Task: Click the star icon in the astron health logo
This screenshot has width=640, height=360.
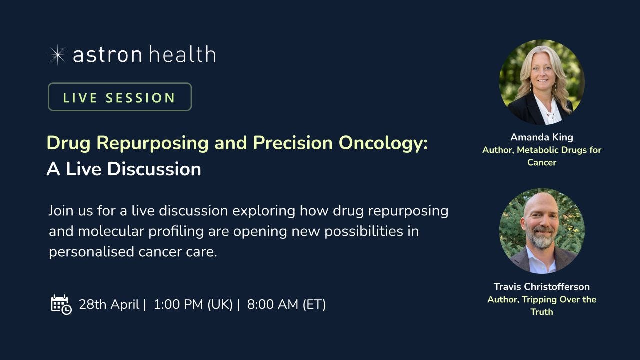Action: (x=57, y=55)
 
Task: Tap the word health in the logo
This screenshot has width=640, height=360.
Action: (x=183, y=54)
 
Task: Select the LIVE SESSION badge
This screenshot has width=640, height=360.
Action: (x=120, y=97)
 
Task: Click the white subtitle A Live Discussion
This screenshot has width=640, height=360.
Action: (x=124, y=169)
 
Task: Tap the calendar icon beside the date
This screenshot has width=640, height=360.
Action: (x=61, y=305)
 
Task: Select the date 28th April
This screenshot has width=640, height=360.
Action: (x=109, y=304)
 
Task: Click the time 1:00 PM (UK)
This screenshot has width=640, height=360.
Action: (x=193, y=304)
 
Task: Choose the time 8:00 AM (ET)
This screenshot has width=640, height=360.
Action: (x=286, y=304)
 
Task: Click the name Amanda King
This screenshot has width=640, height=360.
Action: (x=542, y=137)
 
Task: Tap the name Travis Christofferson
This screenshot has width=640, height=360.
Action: (x=542, y=286)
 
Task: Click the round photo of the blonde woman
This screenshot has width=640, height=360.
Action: (x=542, y=82)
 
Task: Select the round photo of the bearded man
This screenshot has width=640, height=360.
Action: (x=542, y=231)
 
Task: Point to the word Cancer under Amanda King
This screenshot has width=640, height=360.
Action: (x=542, y=162)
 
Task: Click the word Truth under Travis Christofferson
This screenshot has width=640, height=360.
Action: (x=542, y=312)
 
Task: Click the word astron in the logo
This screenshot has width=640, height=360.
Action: (x=107, y=55)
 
